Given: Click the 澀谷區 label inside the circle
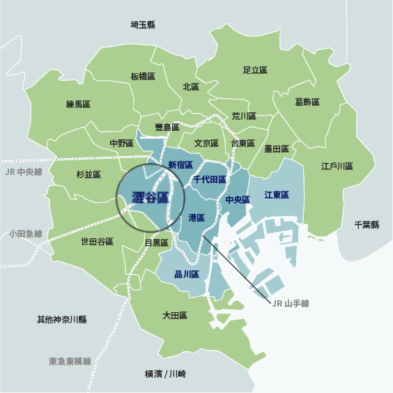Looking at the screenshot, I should [x=150, y=198].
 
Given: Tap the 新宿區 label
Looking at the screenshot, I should [x=180, y=164].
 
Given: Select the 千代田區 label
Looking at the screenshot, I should [x=209, y=180].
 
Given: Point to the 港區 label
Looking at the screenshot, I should [x=197, y=218].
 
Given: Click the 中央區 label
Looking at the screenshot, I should [x=238, y=200].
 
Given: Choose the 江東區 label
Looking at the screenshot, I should [x=277, y=195].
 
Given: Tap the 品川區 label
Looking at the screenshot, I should [x=187, y=274].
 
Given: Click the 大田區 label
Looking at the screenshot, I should [x=175, y=316].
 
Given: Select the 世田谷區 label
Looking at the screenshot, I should [x=97, y=242].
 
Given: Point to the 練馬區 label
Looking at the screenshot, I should [x=78, y=104].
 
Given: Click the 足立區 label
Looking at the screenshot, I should [x=255, y=70].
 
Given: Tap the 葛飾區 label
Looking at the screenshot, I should [x=307, y=102].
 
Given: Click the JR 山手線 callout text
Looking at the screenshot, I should [x=290, y=303].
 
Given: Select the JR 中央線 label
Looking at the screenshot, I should [x=24, y=171].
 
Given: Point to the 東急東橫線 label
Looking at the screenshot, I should [x=70, y=362].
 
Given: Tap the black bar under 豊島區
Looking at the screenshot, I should [x=153, y=137].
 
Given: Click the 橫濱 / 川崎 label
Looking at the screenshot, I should [x=165, y=373].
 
